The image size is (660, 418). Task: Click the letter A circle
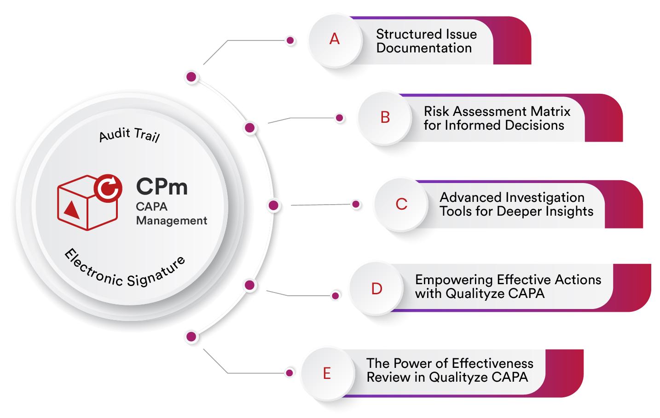(335, 40)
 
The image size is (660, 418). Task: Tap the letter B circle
(385, 118)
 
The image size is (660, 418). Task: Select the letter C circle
(401, 204)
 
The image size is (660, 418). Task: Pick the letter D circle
(376, 289)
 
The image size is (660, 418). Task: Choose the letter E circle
(327, 373)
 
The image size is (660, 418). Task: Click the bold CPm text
(162, 187)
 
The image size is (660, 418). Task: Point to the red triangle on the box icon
(71, 209)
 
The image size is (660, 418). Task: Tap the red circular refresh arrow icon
(108, 188)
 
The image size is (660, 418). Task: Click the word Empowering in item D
(447, 280)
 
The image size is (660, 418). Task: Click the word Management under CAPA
(172, 221)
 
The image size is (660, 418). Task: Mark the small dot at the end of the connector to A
(290, 40)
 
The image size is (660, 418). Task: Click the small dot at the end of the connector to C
(356, 205)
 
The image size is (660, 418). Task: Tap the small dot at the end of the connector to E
(289, 373)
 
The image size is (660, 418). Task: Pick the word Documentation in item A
(424, 48)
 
